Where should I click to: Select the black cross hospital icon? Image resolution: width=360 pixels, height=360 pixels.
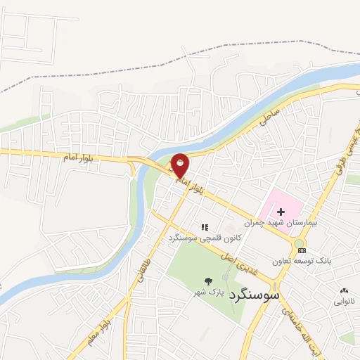[x=281, y=212]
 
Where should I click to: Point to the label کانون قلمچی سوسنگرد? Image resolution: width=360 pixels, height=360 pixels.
[x=205, y=238]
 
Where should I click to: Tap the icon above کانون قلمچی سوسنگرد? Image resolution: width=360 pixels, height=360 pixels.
[x=205, y=227]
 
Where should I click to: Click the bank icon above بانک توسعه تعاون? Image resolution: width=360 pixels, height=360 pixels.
[x=301, y=250]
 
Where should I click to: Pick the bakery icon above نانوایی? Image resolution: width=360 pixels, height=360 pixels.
[x=344, y=290]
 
